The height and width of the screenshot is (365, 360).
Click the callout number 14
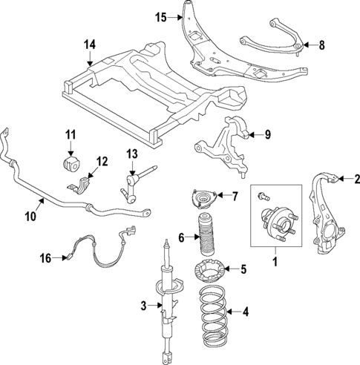[89, 45]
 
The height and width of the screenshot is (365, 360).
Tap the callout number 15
[162, 16]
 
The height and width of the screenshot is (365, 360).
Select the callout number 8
[321, 45]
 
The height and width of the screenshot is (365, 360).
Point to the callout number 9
[269, 134]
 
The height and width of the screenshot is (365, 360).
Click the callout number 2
[356, 178]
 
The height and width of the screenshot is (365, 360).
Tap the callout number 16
[45, 257]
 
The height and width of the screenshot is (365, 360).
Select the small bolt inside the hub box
[262, 196]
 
